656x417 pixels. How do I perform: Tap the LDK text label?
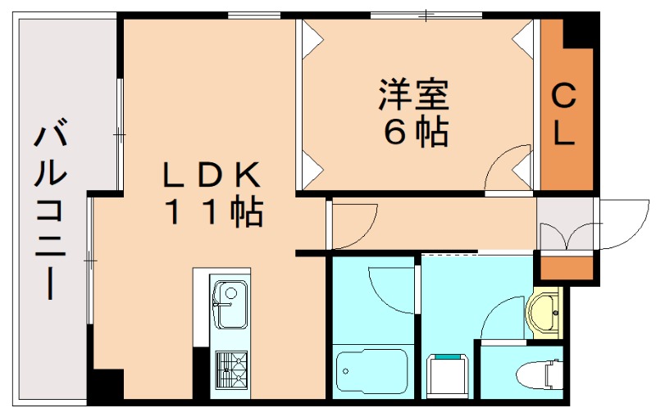coord(211,175)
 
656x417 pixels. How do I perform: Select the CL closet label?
coord(563,115)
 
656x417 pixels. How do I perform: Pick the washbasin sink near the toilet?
coord(544,312)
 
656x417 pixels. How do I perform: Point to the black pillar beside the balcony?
coord(105,385)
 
